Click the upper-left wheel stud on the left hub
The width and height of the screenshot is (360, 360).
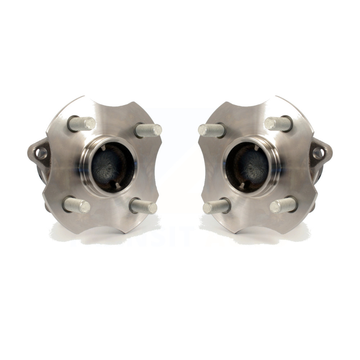click(82, 124)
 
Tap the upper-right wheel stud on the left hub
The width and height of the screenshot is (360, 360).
click(149, 130)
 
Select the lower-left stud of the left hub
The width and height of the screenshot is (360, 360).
click(76, 206)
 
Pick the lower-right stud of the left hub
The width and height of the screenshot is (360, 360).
click(144, 206)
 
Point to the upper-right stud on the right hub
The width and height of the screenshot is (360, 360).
click(278, 124)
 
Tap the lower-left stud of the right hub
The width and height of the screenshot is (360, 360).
click(216, 206)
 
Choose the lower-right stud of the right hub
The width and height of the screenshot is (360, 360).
click(284, 205)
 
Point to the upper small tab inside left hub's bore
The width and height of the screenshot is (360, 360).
click(104, 148)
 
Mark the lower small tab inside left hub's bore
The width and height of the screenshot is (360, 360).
click(116, 185)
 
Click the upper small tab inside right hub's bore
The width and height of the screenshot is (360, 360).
click(256, 148)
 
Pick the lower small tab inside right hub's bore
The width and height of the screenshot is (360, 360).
click(244, 185)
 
